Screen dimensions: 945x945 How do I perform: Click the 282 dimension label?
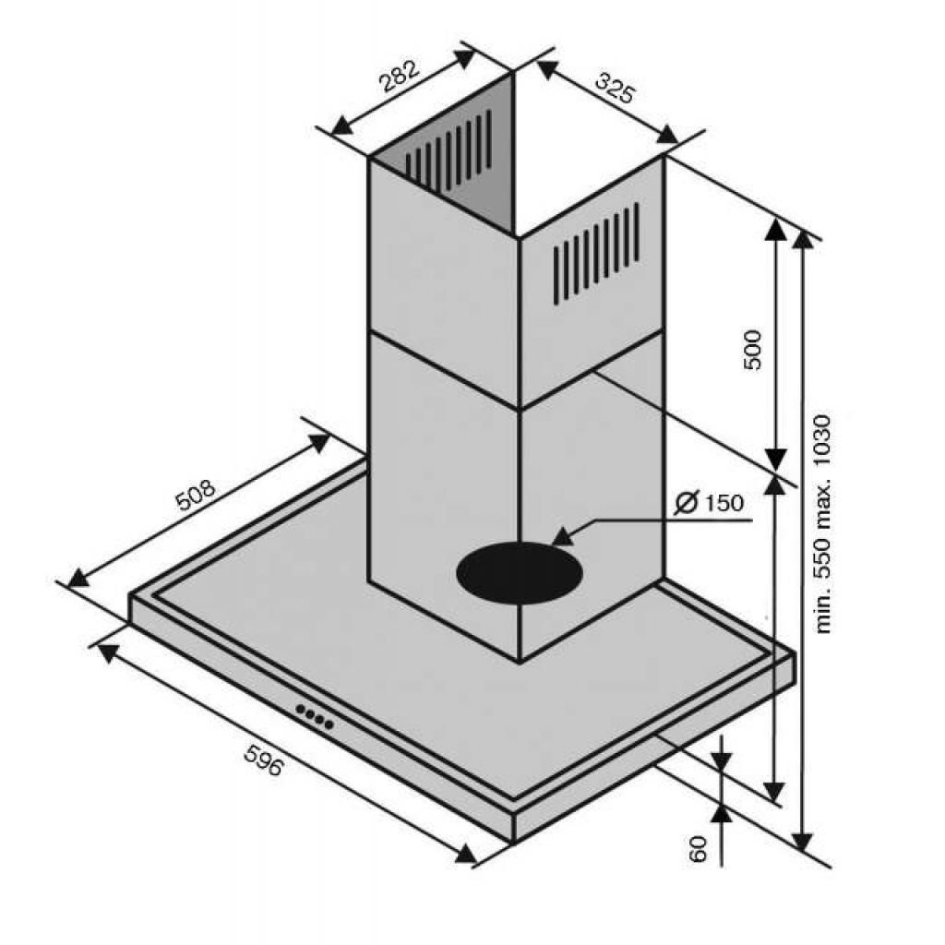click(x=399, y=75)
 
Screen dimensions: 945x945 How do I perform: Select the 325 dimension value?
click(x=616, y=87)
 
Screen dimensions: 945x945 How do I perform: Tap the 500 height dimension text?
click(x=753, y=350)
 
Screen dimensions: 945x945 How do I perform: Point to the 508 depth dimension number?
click(x=195, y=495)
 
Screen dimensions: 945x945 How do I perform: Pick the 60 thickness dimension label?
click(x=697, y=849)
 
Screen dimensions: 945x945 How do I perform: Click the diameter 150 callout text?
click(x=710, y=502)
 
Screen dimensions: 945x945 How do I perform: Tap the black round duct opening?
click(x=520, y=571)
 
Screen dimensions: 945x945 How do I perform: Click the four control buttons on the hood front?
click(x=314, y=716)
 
